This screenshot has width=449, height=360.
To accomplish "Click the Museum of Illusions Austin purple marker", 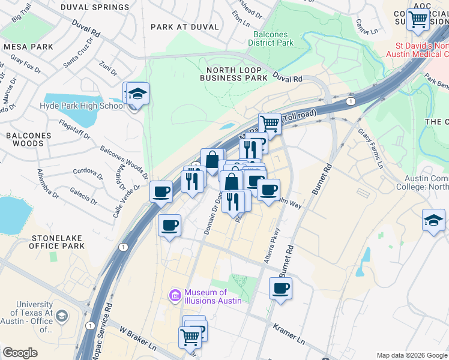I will [x=175, y=295].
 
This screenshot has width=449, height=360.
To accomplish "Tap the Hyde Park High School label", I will [x=82, y=106].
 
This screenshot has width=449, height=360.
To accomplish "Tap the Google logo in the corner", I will [x=20, y=352].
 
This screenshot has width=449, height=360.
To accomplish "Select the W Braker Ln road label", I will [x=137, y=339].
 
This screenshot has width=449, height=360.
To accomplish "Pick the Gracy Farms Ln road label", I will [x=370, y=147].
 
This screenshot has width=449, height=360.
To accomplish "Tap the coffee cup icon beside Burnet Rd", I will [x=280, y=288].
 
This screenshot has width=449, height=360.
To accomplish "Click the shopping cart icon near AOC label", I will [x=418, y=19].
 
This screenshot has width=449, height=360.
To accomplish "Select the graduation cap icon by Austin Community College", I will [x=433, y=220].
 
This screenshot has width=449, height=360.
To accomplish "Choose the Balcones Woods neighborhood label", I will [x=29, y=139].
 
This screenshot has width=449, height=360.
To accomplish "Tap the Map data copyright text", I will [x=411, y=355].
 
